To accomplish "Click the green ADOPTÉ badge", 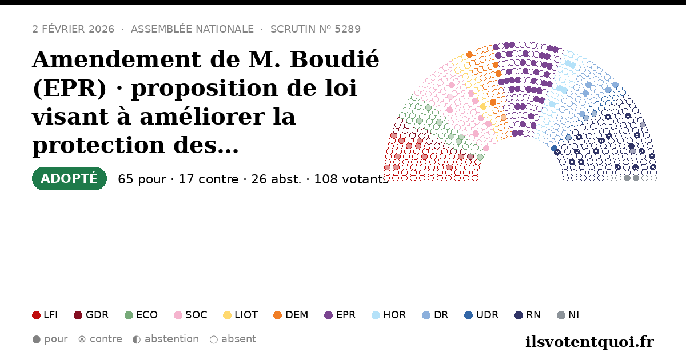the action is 69,178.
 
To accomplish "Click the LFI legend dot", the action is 36,315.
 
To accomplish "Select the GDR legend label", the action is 97,315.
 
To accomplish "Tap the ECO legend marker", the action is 129,315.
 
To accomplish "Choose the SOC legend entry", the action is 190,315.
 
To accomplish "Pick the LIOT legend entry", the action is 241,315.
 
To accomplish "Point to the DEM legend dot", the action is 277,315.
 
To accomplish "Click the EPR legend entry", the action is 340,315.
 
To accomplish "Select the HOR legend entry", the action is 389,315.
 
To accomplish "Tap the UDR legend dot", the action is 469,315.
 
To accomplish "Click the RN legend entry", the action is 528,315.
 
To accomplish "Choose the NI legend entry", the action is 568,315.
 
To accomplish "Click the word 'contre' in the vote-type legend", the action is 106,339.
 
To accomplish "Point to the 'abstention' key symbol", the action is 137,339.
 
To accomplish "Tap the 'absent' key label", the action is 238,339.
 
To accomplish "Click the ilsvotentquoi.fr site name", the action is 589,342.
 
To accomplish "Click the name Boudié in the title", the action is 334,59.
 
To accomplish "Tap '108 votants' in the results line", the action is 352,179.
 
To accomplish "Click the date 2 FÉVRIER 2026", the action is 73,29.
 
